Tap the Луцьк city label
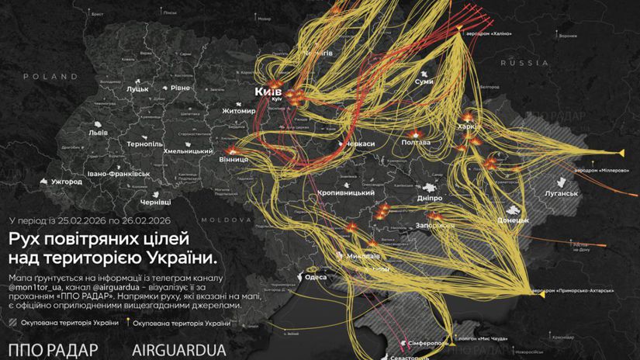[x=137, y=89]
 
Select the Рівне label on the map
[x=181, y=88]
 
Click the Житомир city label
[x=217, y=111]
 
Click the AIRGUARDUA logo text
[x=179, y=349]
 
